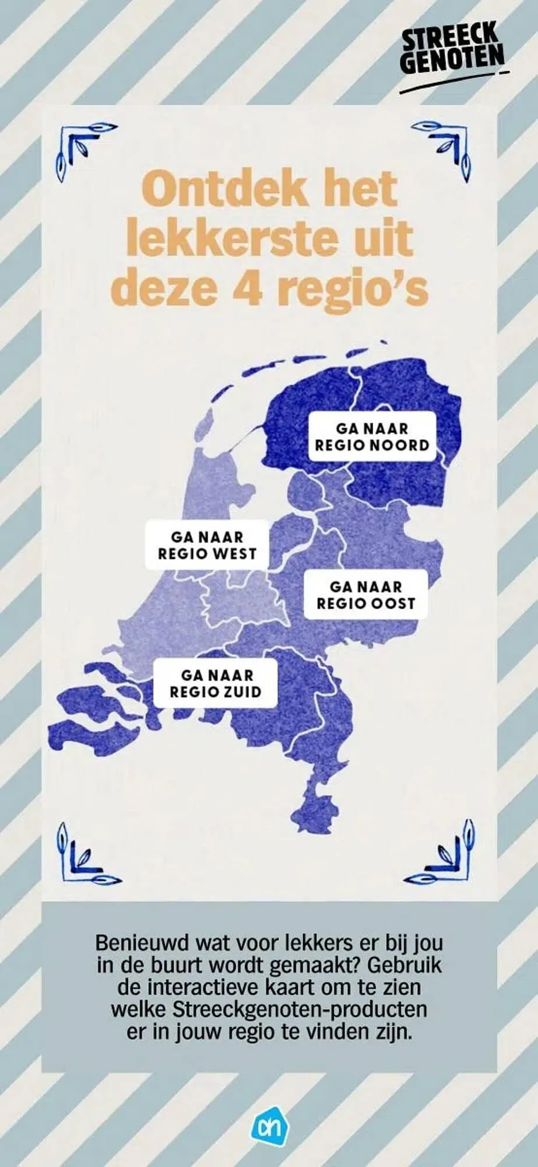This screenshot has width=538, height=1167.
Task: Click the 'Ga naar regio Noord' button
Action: click(x=372, y=436)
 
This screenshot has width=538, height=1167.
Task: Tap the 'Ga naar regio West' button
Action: click(x=207, y=544)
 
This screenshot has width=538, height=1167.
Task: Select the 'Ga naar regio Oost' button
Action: click(x=365, y=595)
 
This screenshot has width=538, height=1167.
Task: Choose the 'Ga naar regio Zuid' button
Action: click(x=215, y=683)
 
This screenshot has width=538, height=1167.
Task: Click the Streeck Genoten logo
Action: click(x=452, y=55)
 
